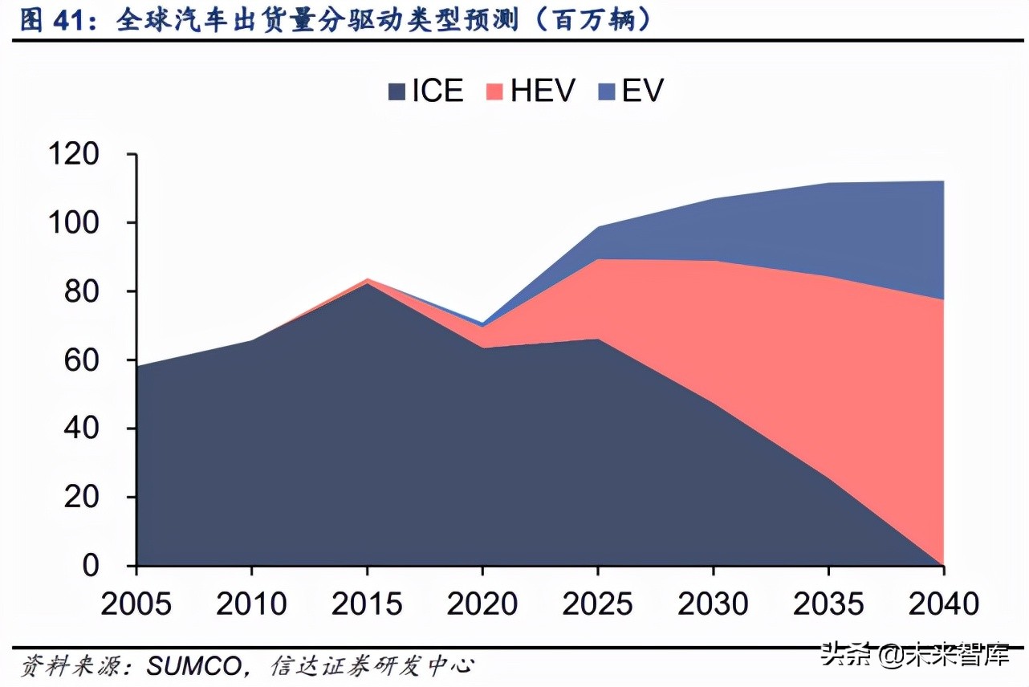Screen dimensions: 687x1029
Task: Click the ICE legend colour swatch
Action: coord(396,91)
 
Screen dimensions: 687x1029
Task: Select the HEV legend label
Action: coord(543,91)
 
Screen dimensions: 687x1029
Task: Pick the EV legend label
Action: coord(643,91)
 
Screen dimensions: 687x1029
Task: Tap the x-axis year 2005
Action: coord(136,604)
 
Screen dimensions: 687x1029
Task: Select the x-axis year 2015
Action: coord(367,604)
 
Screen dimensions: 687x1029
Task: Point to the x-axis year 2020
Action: coord(482,604)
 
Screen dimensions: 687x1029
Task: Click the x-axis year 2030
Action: coord(713,604)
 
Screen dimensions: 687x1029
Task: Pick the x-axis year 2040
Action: coord(943,604)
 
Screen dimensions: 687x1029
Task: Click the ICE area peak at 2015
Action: coord(367,284)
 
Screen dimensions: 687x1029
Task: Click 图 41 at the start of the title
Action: coord(53,19)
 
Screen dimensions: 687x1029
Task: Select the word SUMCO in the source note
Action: coord(194,666)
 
